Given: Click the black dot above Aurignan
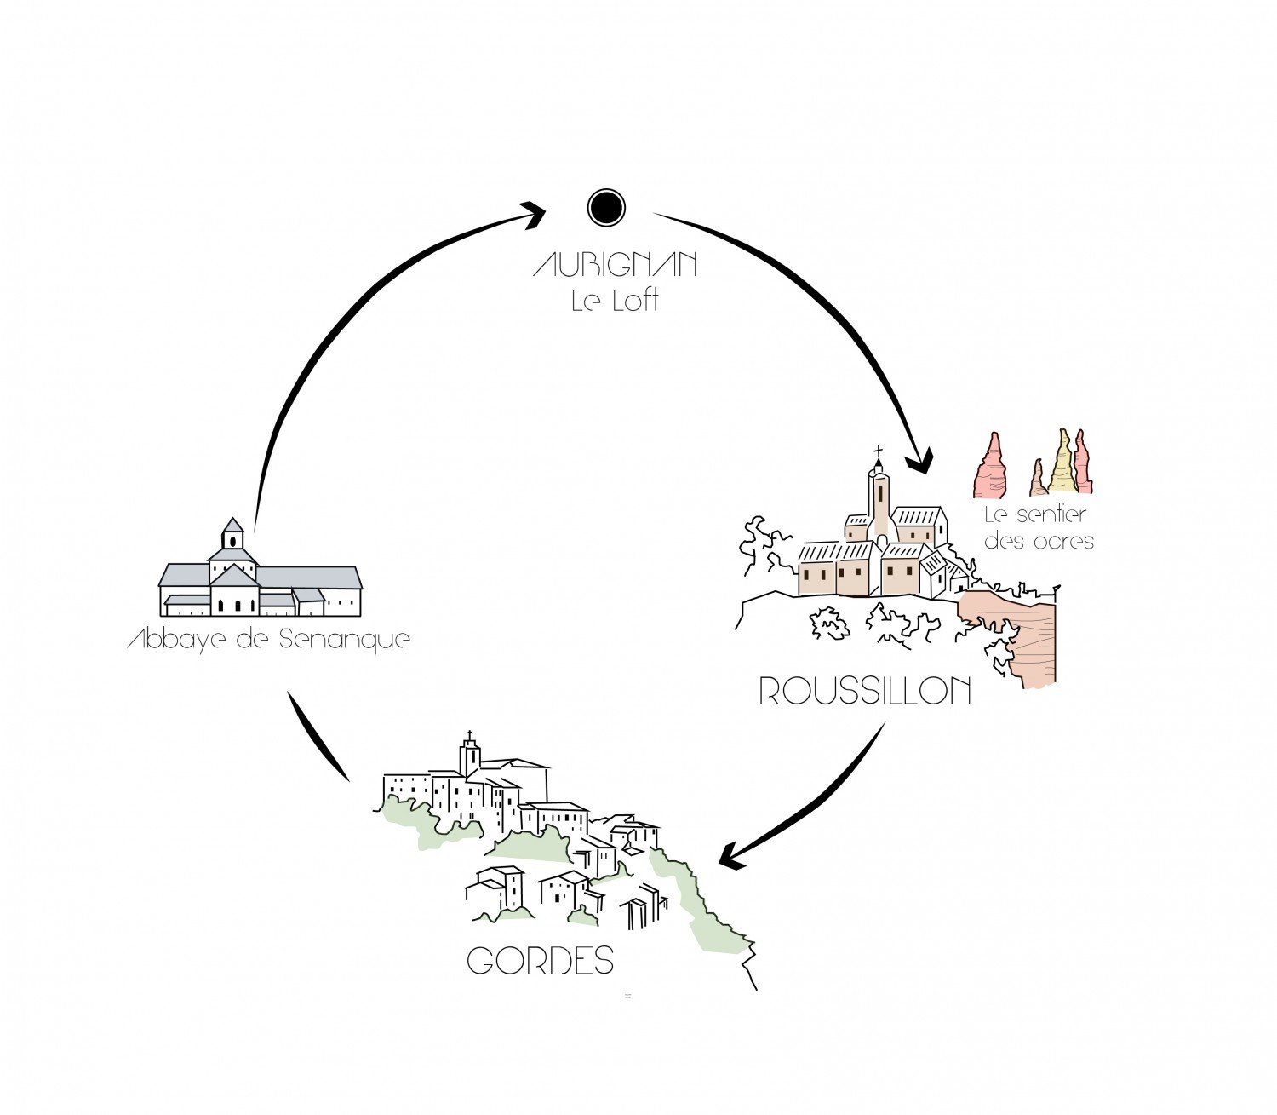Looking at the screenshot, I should click(x=606, y=208).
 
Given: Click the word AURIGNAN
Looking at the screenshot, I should click(x=615, y=265).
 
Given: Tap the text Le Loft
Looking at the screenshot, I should click(x=615, y=301).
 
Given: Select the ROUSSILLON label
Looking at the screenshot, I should click(x=865, y=691).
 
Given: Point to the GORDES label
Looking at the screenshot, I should click(x=541, y=961).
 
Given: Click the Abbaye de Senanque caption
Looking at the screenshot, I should click(x=269, y=639).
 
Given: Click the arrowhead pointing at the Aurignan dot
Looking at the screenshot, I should click(x=534, y=213).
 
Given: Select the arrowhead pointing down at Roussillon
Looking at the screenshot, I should click(x=919, y=463).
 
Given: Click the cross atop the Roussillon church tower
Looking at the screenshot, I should click(x=879, y=451).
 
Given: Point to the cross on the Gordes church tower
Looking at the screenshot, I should click(x=469, y=735).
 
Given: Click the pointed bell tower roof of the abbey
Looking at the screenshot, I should click(x=232, y=525).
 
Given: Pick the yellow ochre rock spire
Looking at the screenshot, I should click(x=1061, y=464).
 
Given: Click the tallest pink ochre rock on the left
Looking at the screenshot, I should click(x=991, y=468).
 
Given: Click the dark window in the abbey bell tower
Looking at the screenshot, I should click(x=232, y=541).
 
